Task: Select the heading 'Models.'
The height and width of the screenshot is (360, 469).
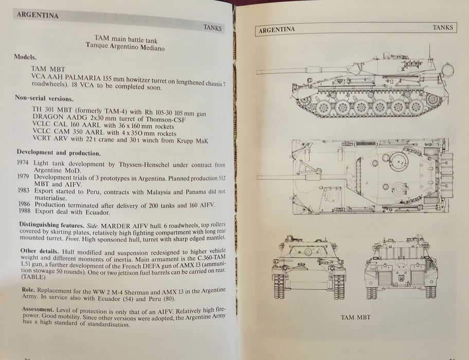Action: point(25,57)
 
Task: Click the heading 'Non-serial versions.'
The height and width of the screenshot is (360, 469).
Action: point(44,98)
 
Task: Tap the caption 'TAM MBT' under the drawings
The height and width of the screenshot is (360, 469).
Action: point(355,317)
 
